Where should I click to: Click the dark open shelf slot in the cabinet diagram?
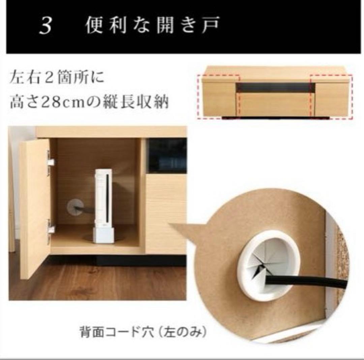[x=275, y=87]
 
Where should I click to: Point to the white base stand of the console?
[x=103, y=235]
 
